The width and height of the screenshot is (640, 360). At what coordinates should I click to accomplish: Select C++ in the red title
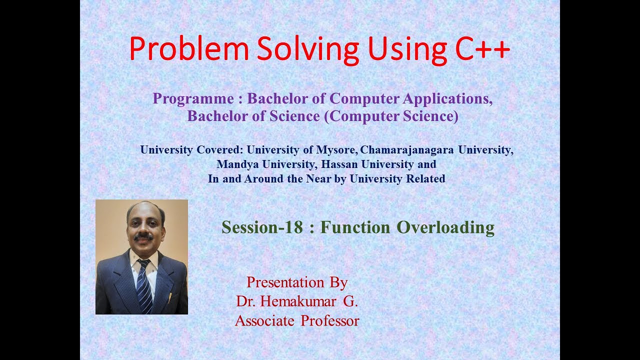pos(482,48)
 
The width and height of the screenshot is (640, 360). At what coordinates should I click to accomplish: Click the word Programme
pos(193,98)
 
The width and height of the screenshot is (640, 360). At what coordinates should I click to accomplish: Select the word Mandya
pos(236,164)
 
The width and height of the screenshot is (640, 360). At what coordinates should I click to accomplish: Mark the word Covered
pos(221,149)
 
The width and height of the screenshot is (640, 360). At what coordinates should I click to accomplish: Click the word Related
pos(423,178)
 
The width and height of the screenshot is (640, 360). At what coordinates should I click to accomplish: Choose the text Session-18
pos(262,227)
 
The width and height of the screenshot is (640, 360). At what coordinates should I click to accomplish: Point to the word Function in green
pos(355,227)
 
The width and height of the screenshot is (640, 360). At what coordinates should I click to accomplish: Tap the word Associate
pos(265,320)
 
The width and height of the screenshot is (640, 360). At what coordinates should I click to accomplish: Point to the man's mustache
pos(143,236)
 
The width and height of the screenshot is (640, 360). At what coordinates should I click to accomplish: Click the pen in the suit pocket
pos(170,297)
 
